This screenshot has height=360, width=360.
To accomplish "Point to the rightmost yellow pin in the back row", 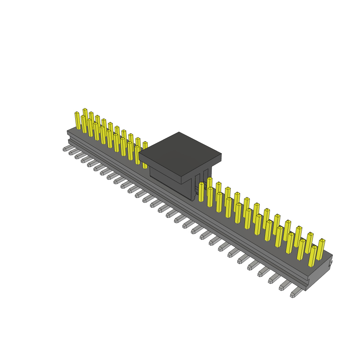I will click(x=321, y=249).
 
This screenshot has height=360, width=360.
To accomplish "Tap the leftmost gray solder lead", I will click(x=67, y=148).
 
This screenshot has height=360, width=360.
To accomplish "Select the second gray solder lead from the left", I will click(x=73, y=152).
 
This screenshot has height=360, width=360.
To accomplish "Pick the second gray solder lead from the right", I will click(x=285, y=285).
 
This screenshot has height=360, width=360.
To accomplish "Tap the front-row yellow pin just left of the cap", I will click(x=137, y=155).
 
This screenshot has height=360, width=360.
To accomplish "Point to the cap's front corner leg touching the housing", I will click(x=193, y=190).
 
